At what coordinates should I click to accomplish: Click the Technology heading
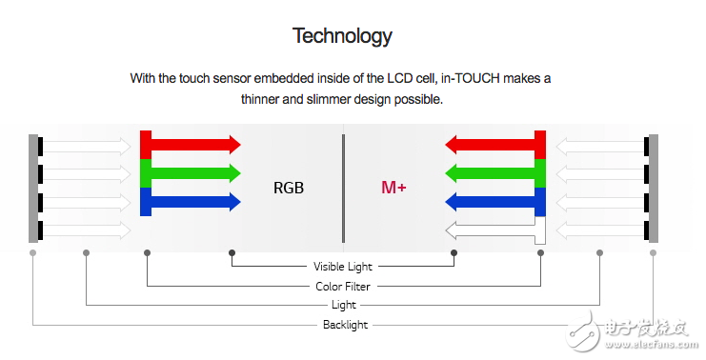pyautogui.click(x=342, y=36)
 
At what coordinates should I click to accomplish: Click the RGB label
pyautogui.click(x=289, y=188)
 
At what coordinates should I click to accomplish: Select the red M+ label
pyautogui.click(x=394, y=188)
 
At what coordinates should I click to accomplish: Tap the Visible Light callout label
pyautogui.click(x=343, y=267)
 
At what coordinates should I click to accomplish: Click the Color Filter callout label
pyautogui.click(x=343, y=286)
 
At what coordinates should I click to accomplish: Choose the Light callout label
pyautogui.click(x=344, y=305)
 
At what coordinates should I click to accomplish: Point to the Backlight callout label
pyautogui.click(x=344, y=325)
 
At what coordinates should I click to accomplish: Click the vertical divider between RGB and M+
pyautogui.click(x=343, y=188)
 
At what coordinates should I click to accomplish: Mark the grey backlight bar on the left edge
pyautogui.click(x=33, y=188)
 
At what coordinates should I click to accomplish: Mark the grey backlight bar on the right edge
pyautogui.click(x=654, y=188)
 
